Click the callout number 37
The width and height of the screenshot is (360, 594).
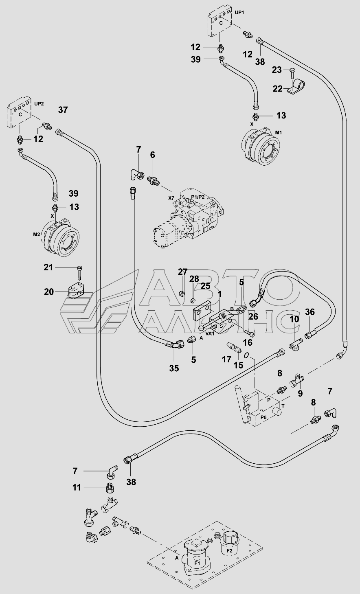pos(63,110)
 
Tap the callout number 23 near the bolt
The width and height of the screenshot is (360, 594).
pos(277,70)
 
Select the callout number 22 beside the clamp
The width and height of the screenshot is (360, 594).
pos(277,89)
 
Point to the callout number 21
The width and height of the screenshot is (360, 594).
pos(48,267)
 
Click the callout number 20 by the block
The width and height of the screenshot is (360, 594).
pos(49,292)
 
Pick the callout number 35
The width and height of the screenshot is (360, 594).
pos(174,368)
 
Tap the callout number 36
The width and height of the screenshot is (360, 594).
pos(310,312)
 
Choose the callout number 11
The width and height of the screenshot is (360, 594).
pos(77,487)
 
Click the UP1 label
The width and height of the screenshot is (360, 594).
pos(239,13)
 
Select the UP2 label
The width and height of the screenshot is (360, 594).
pos(39,104)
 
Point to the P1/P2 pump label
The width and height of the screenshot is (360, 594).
pos(198,197)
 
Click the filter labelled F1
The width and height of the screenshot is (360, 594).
pos(197,561)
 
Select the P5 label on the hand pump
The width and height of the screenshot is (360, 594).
pos(263,417)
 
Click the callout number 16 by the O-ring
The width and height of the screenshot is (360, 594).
pos(248,342)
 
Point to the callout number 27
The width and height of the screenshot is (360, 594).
pos(183,272)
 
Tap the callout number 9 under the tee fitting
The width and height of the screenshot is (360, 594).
pos(300,393)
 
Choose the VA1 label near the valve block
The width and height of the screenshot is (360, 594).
pos(210,333)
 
